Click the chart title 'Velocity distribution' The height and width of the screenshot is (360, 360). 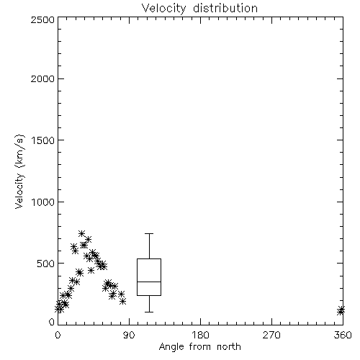pos(199,9)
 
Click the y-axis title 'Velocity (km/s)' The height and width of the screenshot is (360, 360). pos(19,171)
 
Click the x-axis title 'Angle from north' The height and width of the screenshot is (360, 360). pos(199,347)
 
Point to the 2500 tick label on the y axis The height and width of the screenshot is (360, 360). pos(43,19)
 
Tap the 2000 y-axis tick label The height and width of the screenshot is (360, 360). pos(43,78)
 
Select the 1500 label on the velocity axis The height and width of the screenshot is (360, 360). pos(43,140)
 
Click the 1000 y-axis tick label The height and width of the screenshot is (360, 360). pos(43,202)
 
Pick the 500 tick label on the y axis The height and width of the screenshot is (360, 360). pos(46,264)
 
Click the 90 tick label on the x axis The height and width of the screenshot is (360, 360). pos(129,335)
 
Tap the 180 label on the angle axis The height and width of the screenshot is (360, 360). pos(200,335)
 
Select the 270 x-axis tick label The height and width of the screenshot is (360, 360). pos(271,335)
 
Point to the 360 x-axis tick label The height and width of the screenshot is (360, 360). pos(343,335)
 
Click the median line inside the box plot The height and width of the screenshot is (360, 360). pos(149,282)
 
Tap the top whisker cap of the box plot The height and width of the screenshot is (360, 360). pos(149,233)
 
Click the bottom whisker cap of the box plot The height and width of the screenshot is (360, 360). pos(149,312)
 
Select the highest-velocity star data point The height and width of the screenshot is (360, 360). pos(81,233)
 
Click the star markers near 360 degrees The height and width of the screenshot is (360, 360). pos(341,310)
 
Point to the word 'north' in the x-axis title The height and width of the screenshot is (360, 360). pos(229,347)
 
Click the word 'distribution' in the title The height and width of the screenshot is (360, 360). pos(225,9)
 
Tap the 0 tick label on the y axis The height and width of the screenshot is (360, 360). pos(52,322)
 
